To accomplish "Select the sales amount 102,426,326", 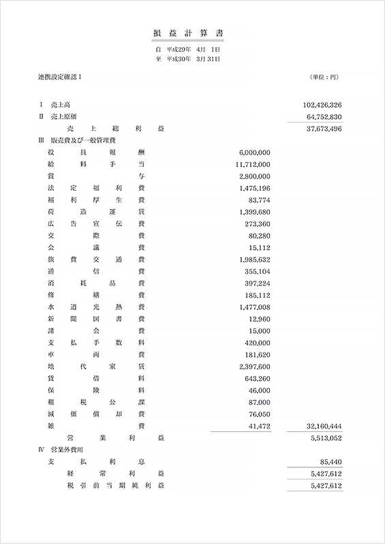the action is pos(321,105).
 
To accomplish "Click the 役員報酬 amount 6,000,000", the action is pos(255,153).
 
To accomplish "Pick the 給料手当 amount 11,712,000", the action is pos(252,164).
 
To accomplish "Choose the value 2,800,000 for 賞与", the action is pos(255,176).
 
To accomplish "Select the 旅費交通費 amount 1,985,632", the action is pos(255,260).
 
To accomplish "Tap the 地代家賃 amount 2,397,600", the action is pos(255,367).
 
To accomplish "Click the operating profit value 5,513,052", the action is pos(326,437).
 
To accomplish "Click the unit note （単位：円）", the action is pos(324,77).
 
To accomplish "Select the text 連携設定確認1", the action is pos(60,77).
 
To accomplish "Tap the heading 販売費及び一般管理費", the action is pos(78,140).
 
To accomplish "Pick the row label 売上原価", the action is pos(64,116).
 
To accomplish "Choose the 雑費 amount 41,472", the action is pos(259,426).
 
